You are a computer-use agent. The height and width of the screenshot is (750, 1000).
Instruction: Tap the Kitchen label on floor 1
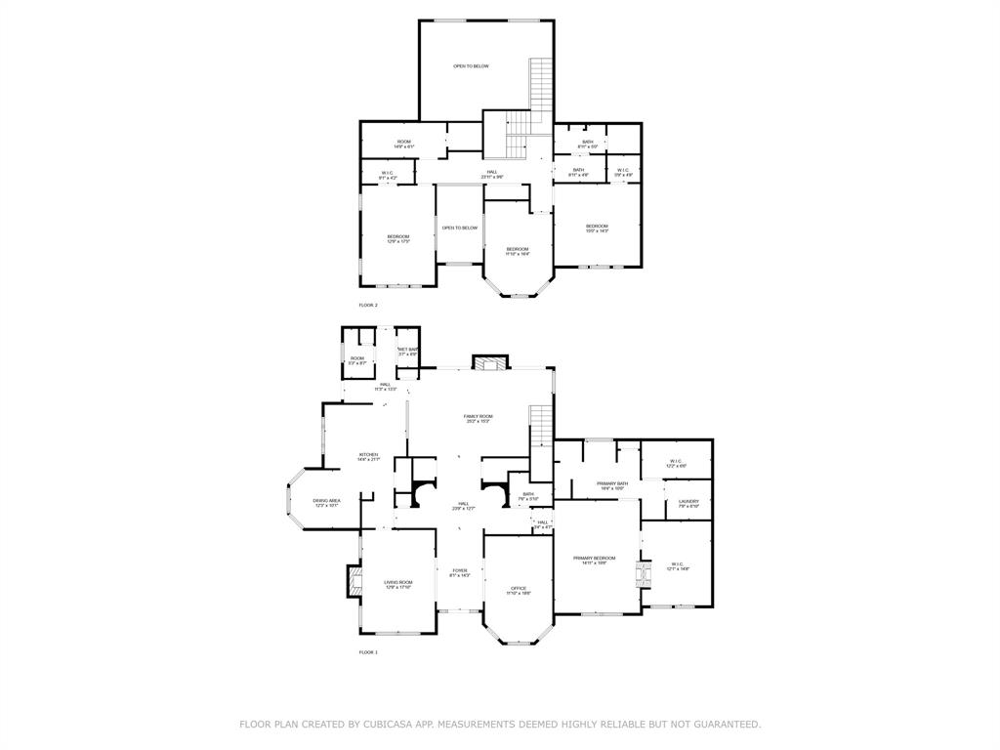coord(368,456)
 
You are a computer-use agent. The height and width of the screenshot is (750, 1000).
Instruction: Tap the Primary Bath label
coord(612,485)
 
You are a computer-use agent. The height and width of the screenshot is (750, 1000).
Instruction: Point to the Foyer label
coord(459,572)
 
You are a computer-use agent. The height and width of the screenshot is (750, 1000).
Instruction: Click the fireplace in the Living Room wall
coord(350,582)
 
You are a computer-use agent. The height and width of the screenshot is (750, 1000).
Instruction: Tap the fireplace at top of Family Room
coord(490,363)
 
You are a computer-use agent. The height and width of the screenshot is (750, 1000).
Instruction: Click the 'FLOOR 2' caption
coord(367,306)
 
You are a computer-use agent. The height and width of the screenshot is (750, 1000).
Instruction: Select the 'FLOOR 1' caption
coord(367,651)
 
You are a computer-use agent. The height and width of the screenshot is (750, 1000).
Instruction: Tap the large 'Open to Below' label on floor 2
coord(471,66)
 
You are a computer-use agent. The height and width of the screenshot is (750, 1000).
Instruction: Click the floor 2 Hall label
coord(492,174)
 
